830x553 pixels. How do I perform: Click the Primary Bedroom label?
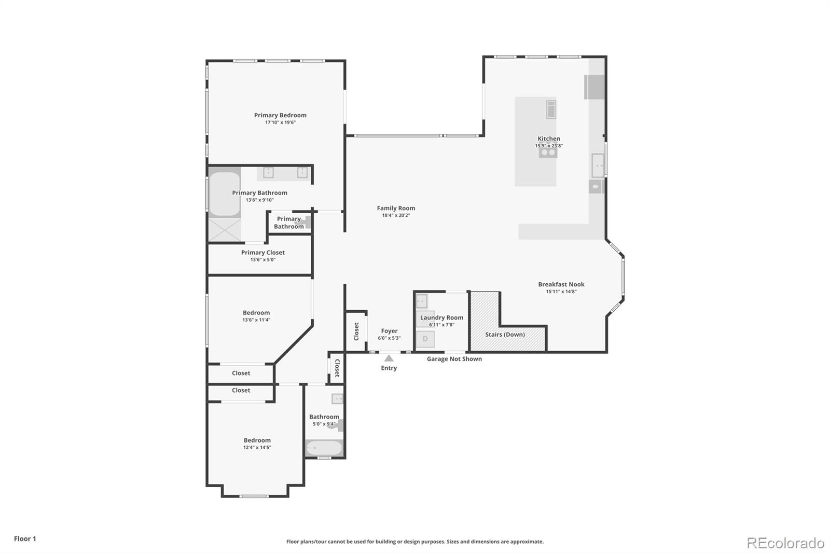pyautogui.click(x=280, y=115)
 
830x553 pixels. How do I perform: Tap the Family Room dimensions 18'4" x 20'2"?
pyautogui.click(x=396, y=215)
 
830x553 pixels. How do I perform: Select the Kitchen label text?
pyautogui.click(x=548, y=139)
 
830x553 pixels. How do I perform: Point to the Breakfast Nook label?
pyautogui.click(x=561, y=284)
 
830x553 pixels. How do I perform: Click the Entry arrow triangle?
pyautogui.click(x=389, y=358)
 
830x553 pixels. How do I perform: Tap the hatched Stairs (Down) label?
pyautogui.click(x=505, y=335)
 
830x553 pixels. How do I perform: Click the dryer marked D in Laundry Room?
pyautogui.click(x=425, y=339)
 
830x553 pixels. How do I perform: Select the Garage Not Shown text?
pyautogui.click(x=454, y=359)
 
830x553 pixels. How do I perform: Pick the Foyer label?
pyautogui.click(x=389, y=331)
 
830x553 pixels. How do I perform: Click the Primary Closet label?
pyautogui.click(x=262, y=253)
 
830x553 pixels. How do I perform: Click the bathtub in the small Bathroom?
pyautogui.click(x=324, y=448)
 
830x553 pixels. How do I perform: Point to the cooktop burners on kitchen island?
pyautogui.click(x=548, y=153)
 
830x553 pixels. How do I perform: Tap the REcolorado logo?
pyautogui.click(x=785, y=543)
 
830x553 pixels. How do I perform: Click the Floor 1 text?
pyautogui.click(x=25, y=538)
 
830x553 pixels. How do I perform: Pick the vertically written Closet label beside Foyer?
pyautogui.click(x=356, y=331)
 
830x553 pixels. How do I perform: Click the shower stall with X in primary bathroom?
pyautogui.click(x=225, y=229)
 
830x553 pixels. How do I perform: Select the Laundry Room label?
pyautogui.click(x=441, y=317)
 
